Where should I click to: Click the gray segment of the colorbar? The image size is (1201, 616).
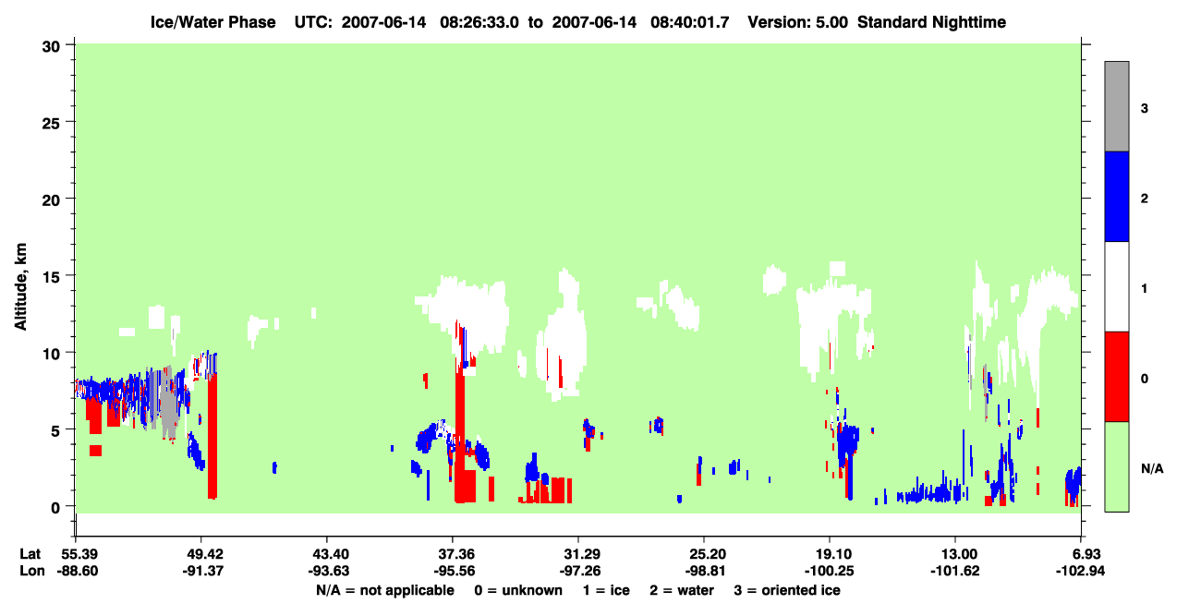(1116, 106)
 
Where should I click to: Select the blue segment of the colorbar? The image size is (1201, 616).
(1116, 196)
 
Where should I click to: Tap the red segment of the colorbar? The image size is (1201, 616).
(1116, 377)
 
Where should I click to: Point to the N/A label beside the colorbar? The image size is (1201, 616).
(1152, 468)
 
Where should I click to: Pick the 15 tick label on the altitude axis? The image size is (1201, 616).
(51, 277)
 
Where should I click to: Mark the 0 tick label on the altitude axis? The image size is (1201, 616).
(55, 507)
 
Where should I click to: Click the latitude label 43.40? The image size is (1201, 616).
(327, 554)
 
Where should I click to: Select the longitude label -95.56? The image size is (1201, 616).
(453, 571)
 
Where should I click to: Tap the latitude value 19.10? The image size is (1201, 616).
(830, 554)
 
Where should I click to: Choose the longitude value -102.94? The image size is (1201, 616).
(1080, 571)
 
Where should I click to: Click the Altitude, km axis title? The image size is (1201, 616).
(20, 286)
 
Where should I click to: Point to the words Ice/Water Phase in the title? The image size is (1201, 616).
(212, 22)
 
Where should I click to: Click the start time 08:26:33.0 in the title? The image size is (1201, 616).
(479, 22)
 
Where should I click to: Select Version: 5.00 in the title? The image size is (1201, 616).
(798, 22)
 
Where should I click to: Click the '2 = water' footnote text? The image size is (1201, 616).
(682, 590)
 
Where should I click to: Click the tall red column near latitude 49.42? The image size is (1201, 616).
(212, 435)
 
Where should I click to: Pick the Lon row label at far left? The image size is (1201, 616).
(32, 571)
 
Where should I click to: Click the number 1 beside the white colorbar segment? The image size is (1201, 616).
(1144, 288)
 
